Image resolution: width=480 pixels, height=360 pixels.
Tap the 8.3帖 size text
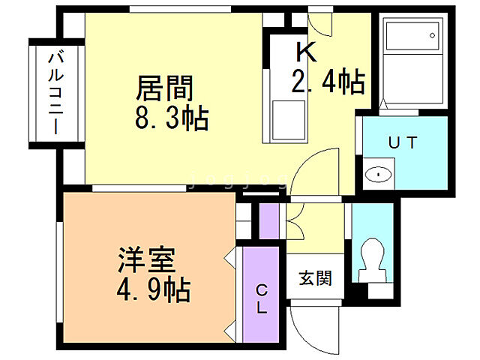[x=172, y=118]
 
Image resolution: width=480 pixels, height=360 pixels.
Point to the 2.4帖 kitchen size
[x=328, y=81]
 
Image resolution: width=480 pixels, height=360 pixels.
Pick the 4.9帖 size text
[x=152, y=288]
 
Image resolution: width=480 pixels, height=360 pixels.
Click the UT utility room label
[x=402, y=142]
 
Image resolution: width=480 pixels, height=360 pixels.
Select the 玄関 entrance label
[x=316, y=277]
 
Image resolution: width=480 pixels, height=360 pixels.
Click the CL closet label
[x=262, y=298]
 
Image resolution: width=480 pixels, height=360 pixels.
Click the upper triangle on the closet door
[x=230, y=259]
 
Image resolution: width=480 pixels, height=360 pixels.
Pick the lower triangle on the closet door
[x=230, y=328]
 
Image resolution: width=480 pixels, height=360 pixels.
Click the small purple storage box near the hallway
[x=268, y=220]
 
